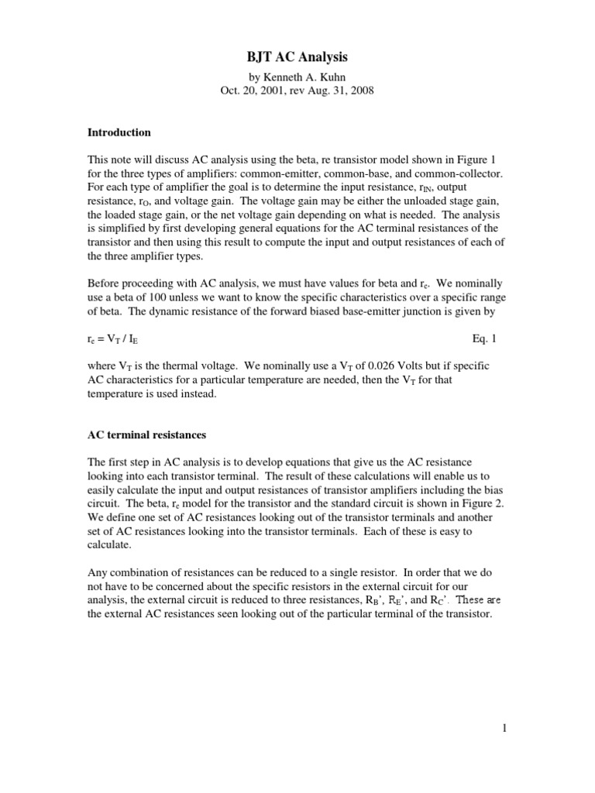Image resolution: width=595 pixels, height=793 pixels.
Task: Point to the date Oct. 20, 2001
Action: pyautogui.click(x=253, y=91)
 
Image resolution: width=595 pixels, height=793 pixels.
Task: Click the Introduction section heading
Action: pyautogui.click(x=119, y=132)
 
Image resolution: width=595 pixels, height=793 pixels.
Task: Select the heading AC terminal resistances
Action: pyautogui.click(x=146, y=434)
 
